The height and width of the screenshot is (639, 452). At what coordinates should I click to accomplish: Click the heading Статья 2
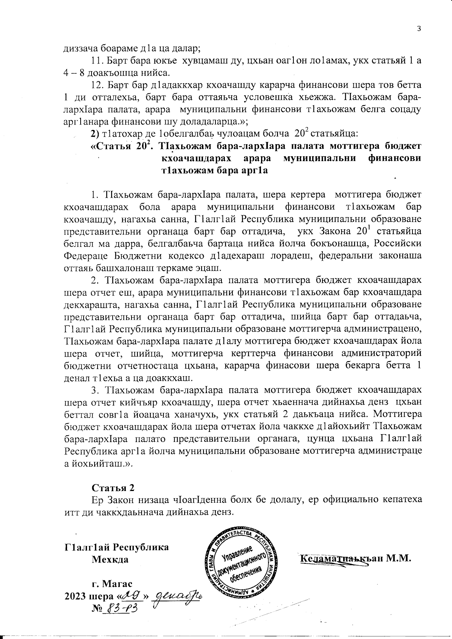[x=113, y=487]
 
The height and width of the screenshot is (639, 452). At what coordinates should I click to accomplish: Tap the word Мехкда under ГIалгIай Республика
[x=110, y=559]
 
